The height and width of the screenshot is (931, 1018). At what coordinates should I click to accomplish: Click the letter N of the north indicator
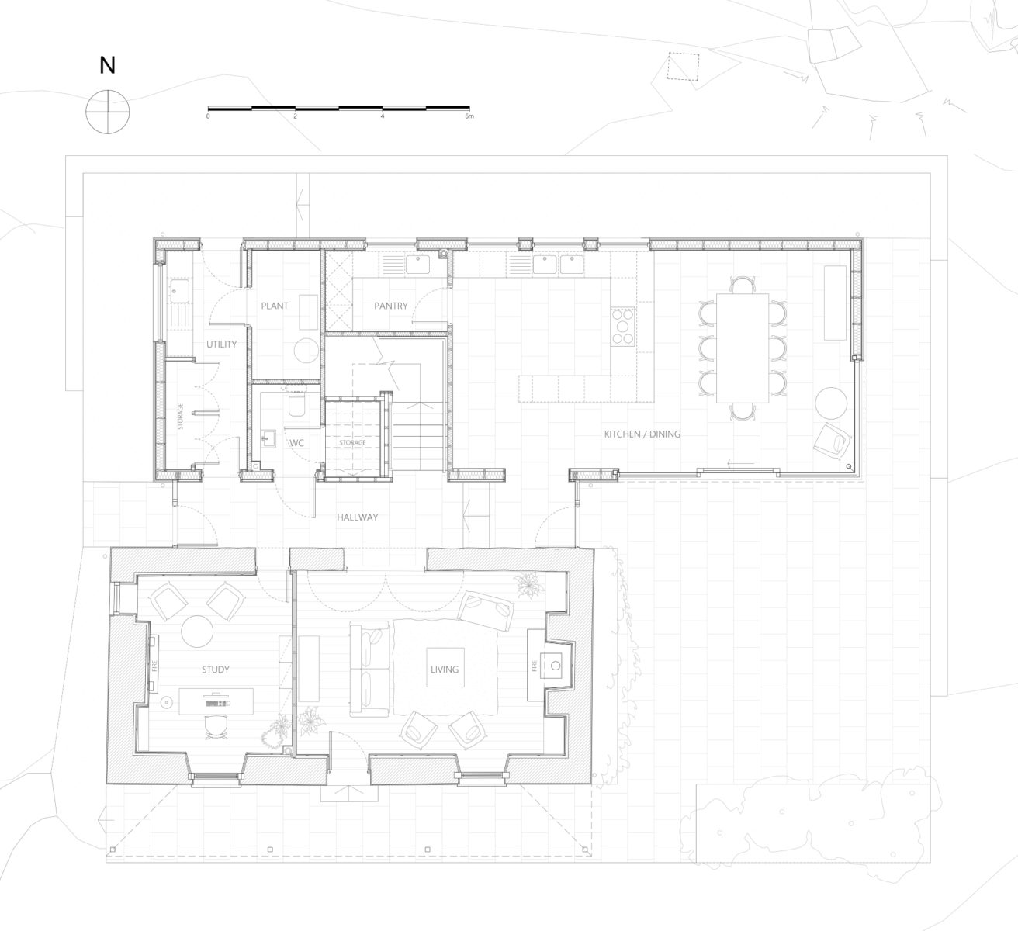[x=107, y=65]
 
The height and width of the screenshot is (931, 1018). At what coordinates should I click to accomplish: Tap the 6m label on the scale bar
[x=469, y=116]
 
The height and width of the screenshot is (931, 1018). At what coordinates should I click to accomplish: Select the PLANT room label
[x=275, y=306]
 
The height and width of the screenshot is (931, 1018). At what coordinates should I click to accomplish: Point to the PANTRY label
[x=391, y=306]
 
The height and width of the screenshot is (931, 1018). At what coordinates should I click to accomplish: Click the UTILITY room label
[x=222, y=344]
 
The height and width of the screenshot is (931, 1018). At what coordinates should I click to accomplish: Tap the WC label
[x=297, y=443]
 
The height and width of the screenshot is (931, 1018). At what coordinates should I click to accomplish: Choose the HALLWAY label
[x=358, y=517]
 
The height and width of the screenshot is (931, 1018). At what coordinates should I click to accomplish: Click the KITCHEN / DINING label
[x=642, y=434]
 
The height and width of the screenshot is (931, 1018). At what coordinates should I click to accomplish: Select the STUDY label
[x=216, y=670]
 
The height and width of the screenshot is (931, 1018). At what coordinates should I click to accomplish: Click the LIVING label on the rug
[x=445, y=670]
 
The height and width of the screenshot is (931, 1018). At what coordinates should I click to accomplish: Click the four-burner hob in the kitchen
[x=623, y=326]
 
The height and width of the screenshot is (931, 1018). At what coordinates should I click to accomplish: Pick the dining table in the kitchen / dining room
[x=743, y=348]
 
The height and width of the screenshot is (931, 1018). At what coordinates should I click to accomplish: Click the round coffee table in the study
[x=197, y=631]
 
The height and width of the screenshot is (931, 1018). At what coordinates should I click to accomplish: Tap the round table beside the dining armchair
[x=831, y=403]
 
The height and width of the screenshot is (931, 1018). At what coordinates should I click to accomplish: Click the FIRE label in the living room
[x=534, y=666]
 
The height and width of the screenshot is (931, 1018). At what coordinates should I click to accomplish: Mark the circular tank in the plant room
[x=306, y=350]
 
